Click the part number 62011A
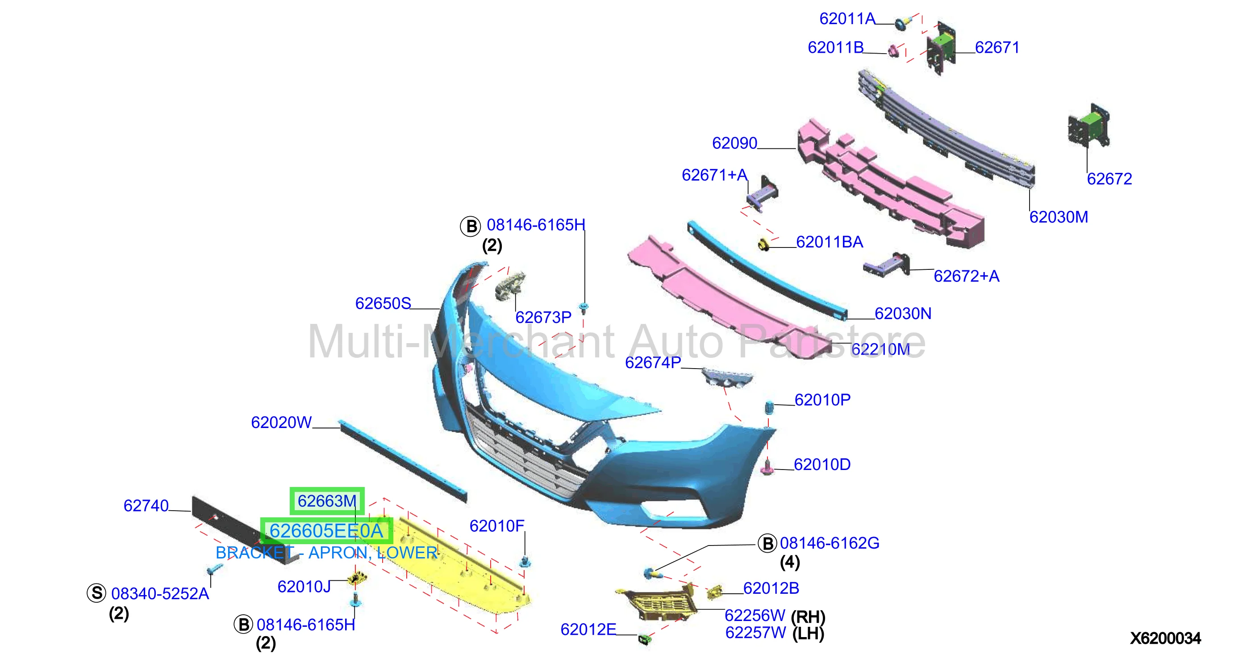[x=847, y=19]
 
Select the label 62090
[x=734, y=143]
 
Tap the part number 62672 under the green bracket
[x=1109, y=179]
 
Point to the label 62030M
[x=1059, y=217]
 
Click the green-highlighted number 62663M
[x=327, y=501]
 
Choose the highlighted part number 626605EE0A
[x=326, y=531]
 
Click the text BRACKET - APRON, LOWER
[x=326, y=553]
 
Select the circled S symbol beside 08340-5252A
[x=96, y=593]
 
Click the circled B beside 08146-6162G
[x=767, y=544]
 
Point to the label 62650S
[x=383, y=303]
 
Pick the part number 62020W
[x=281, y=422]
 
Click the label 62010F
[x=497, y=526]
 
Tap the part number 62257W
[x=755, y=633]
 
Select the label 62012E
[x=588, y=629]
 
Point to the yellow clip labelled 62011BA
[x=763, y=245]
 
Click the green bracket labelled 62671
[x=941, y=48]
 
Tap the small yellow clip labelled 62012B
[x=714, y=592]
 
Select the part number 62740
[x=146, y=506]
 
